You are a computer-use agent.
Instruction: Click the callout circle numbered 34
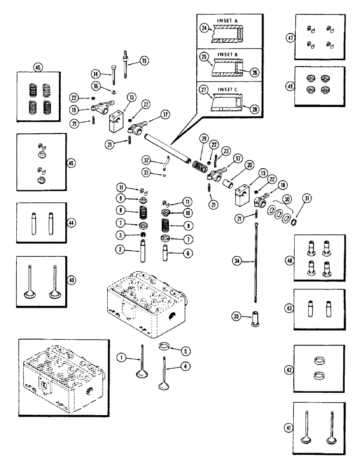(237, 263)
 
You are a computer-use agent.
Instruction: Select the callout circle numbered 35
(237, 317)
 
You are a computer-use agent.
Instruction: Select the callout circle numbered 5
(187, 351)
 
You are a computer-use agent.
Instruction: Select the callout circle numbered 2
(121, 250)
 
